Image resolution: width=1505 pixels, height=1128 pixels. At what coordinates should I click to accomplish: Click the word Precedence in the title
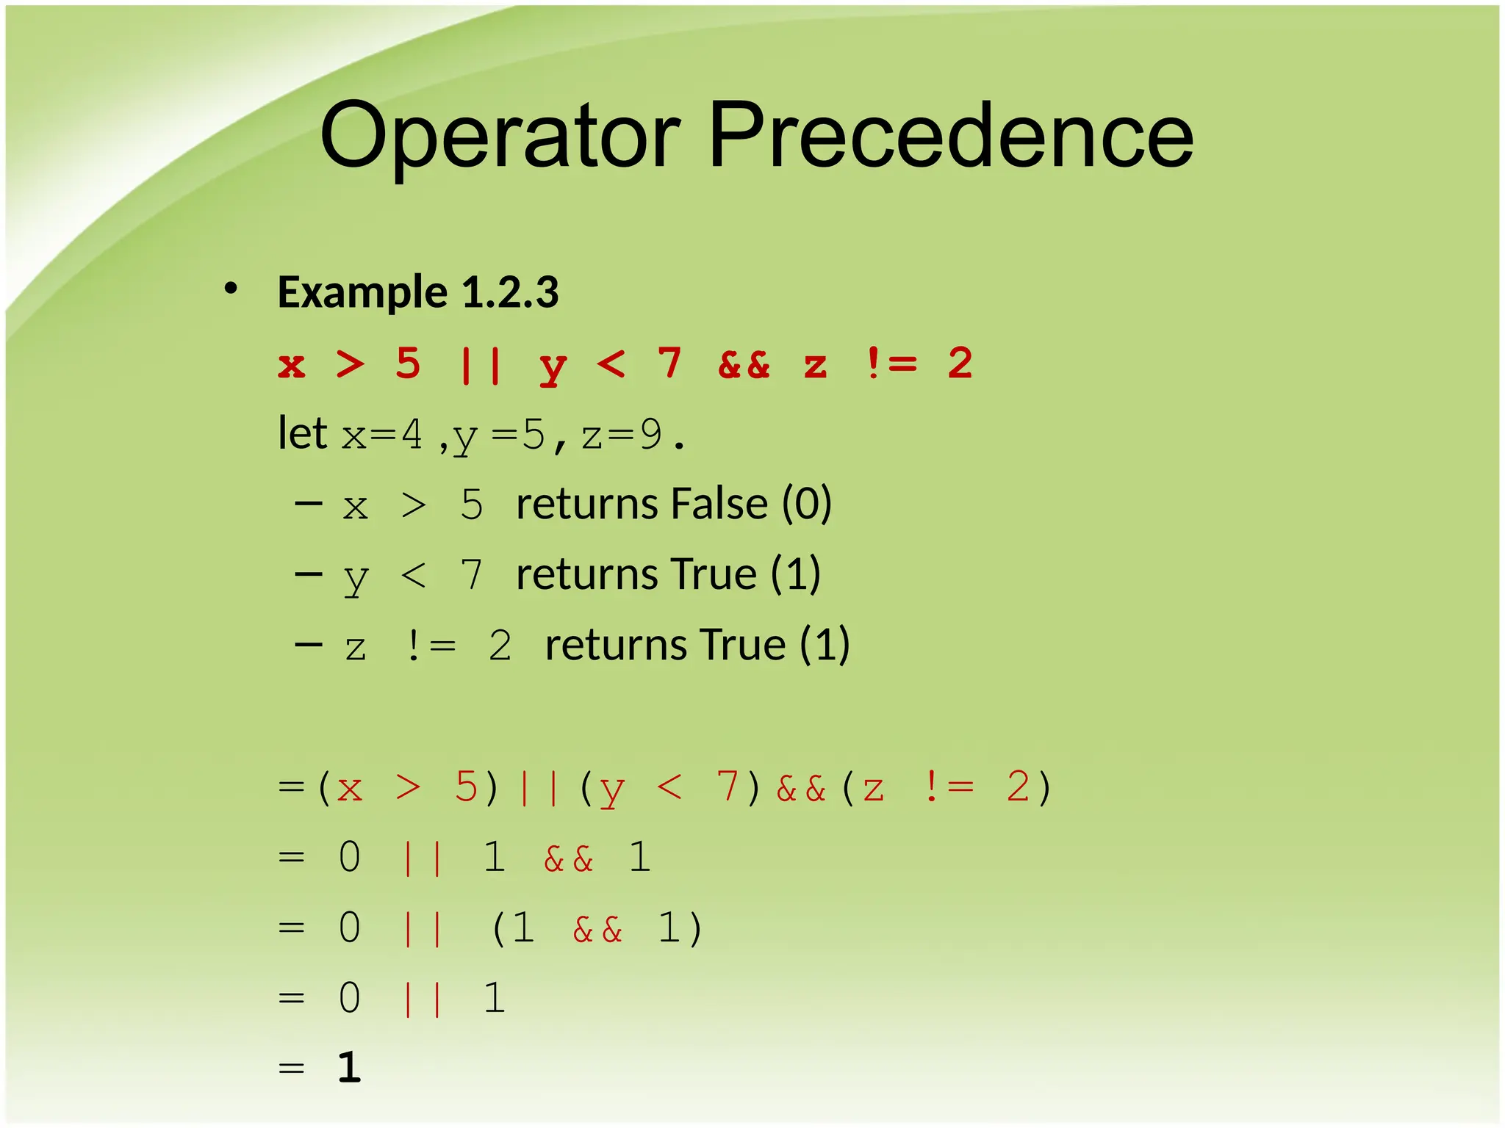coord(951,136)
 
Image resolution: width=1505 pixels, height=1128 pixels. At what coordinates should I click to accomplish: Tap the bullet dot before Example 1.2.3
coord(231,289)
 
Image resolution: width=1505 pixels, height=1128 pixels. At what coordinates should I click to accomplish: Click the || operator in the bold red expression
coord(481,364)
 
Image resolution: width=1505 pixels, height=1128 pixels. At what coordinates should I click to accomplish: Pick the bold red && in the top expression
coord(744,364)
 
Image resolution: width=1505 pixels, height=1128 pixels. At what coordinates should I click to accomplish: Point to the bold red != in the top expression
coord(891,364)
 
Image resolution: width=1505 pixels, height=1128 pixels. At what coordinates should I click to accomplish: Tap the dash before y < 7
coord(308,574)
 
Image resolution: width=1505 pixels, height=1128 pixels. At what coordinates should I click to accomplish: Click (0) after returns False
coord(806,505)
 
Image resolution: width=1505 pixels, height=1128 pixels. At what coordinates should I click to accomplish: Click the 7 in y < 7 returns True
coord(471,574)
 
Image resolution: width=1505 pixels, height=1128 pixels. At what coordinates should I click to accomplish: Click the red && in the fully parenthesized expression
coord(800,789)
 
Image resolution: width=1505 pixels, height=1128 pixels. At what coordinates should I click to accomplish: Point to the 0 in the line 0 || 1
coord(350,998)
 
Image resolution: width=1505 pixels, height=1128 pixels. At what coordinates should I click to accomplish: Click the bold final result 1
coord(350,1067)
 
